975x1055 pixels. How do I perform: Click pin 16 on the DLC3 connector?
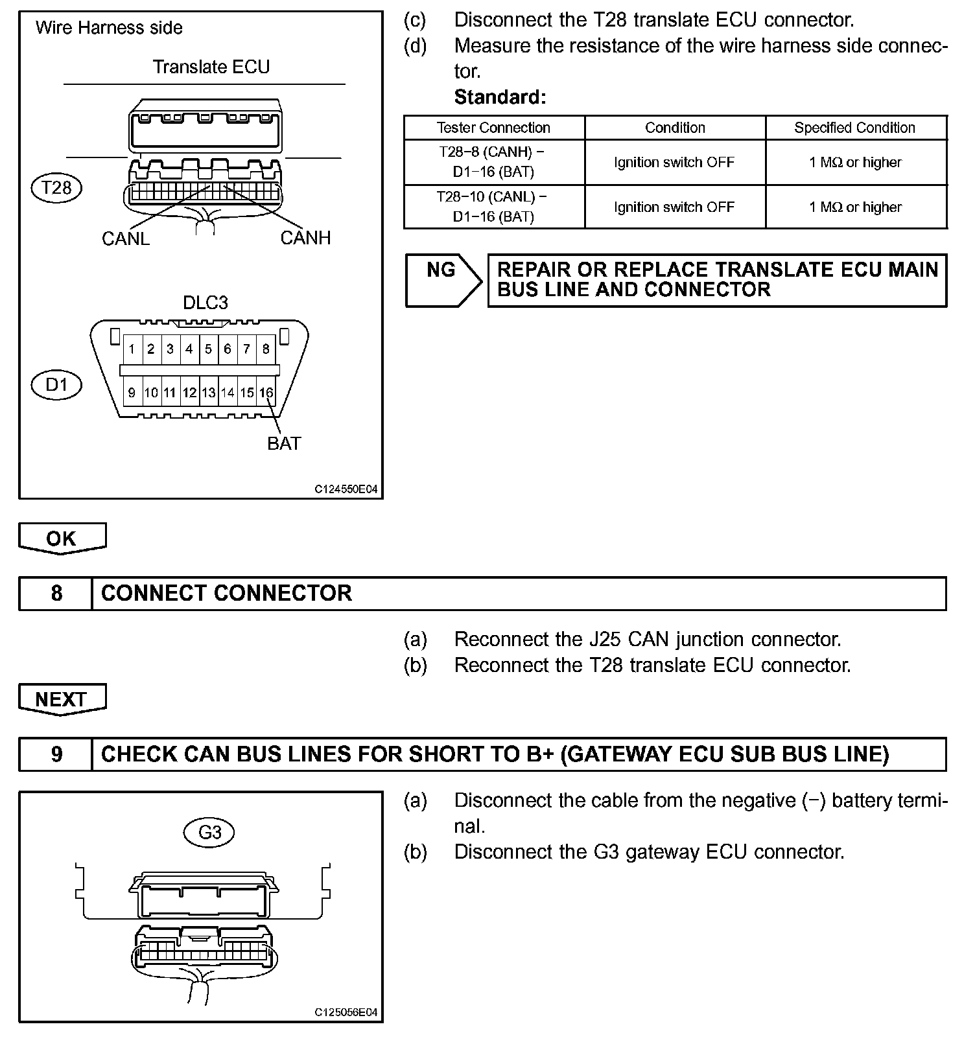pyautogui.click(x=266, y=393)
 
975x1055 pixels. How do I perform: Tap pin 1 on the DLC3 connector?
pyautogui.click(x=132, y=349)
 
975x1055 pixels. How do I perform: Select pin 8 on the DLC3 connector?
pyautogui.click(x=266, y=349)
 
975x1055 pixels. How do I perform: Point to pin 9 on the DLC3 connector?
pyautogui.click(x=132, y=393)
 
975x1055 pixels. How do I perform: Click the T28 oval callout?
pyautogui.click(x=56, y=188)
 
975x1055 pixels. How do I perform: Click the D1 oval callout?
pyautogui.click(x=56, y=385)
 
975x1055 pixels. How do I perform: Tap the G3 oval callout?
pyautogui.click(x=209, y=832)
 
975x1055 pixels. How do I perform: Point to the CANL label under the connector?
pyautogui.click(x=126, y=238)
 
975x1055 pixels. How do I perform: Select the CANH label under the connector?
pyautogui.click(x=305, y=238)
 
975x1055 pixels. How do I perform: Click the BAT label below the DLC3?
pyautogui.click(x=284, y=444)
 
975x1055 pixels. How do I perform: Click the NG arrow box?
pyautogui.click(x=443, y=280)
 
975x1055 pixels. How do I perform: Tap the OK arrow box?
pyautogui.click(x=62, y=538)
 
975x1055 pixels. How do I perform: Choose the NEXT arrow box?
pyautogui.click(x=62, y=699)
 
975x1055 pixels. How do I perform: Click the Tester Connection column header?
pyautogui.click(x=493, y=128)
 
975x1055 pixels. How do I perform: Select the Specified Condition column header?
pyautogui.click(x=855, y=128)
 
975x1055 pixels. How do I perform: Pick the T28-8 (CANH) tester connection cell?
pyautogui.click(x=493, y=162)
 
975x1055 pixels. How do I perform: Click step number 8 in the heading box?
pyautogui.click(x=56, y=593)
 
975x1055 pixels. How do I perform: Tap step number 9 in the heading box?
pyautogui.click(x=56, y=754)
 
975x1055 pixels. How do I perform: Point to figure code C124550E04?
pyautogui.click(x=346, y=489)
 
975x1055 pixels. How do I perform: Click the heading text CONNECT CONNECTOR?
pyautogui.click(x=226, y=593)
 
